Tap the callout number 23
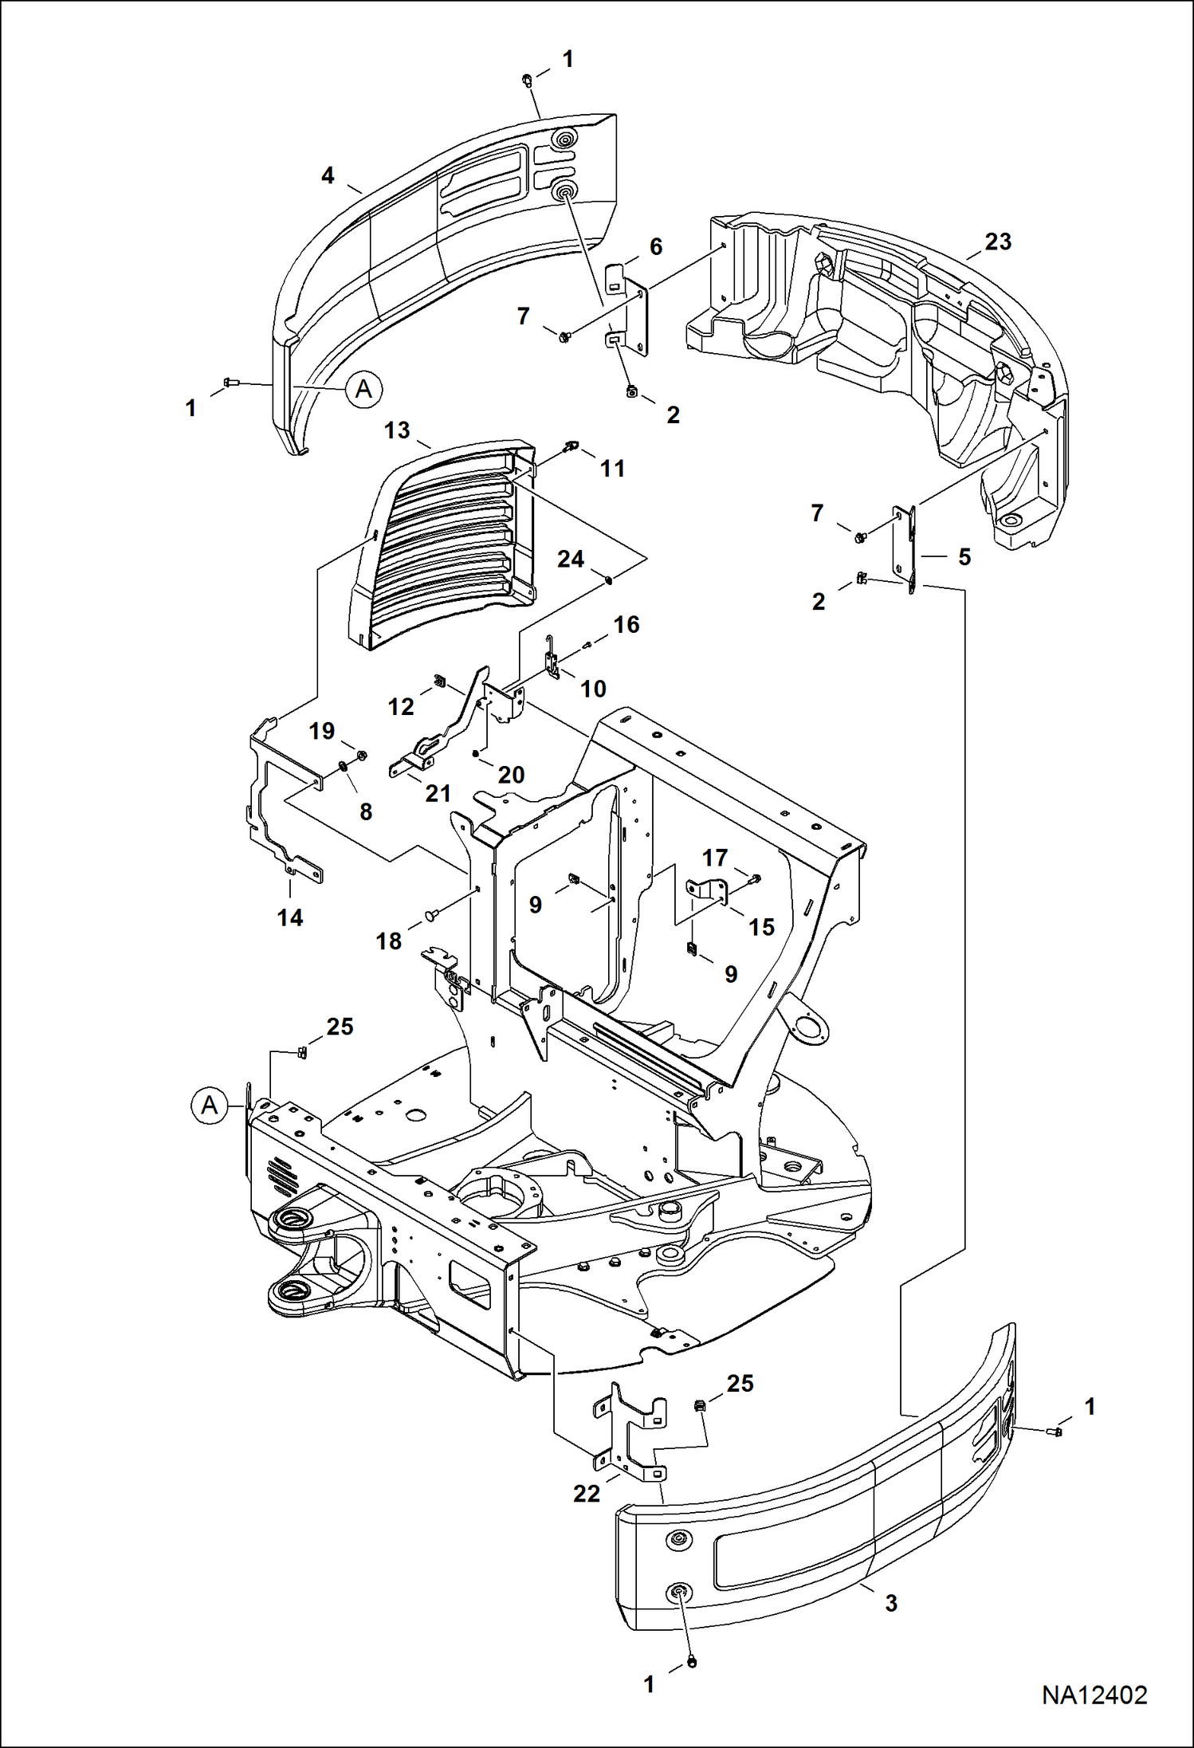[x=997, y=242]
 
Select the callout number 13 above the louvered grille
[x=397, y=430]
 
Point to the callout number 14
[x=290, y=917]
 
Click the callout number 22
[x=587, y=1493]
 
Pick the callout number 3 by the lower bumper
[x=891, y=1602]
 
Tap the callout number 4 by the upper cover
[x=328, y=175]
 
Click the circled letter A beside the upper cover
[x=363, y=389]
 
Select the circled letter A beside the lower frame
[x=210, y=1106]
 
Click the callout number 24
[x=571, y=559]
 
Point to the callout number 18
[x=389, y=941]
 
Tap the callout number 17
[x=715, y=858]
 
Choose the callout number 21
[x=438, y=793]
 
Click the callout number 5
[x=964, y=557]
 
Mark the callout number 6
[x=656, y=246]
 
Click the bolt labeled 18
[x=430, y=916]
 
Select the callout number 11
[x=612, y=468]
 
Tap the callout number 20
[x=511, y=774]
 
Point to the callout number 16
[x=626, y=624]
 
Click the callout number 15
[x=762, y=926]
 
